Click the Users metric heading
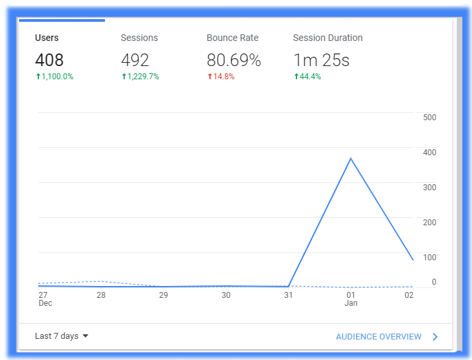pos(47,38)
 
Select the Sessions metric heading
pos(139,38)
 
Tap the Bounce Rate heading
pos(232,38)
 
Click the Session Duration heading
pos(328,38)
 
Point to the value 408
pos(50,60)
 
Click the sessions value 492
pos(135,60)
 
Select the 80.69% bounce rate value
pos(234,60)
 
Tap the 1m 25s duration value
pos(321,60)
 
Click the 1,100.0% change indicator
pos(55,77)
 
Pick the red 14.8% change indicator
pos(221,77)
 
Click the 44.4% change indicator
pos(308,77)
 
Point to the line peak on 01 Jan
pos(351,158)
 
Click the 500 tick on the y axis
pos(430,118)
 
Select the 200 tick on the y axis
pos(430,223)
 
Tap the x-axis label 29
pos(164,295)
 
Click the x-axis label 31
pos(288,295)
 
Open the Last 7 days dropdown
pos(61,336)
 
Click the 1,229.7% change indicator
pos(140,77)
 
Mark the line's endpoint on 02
pos(413,260)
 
